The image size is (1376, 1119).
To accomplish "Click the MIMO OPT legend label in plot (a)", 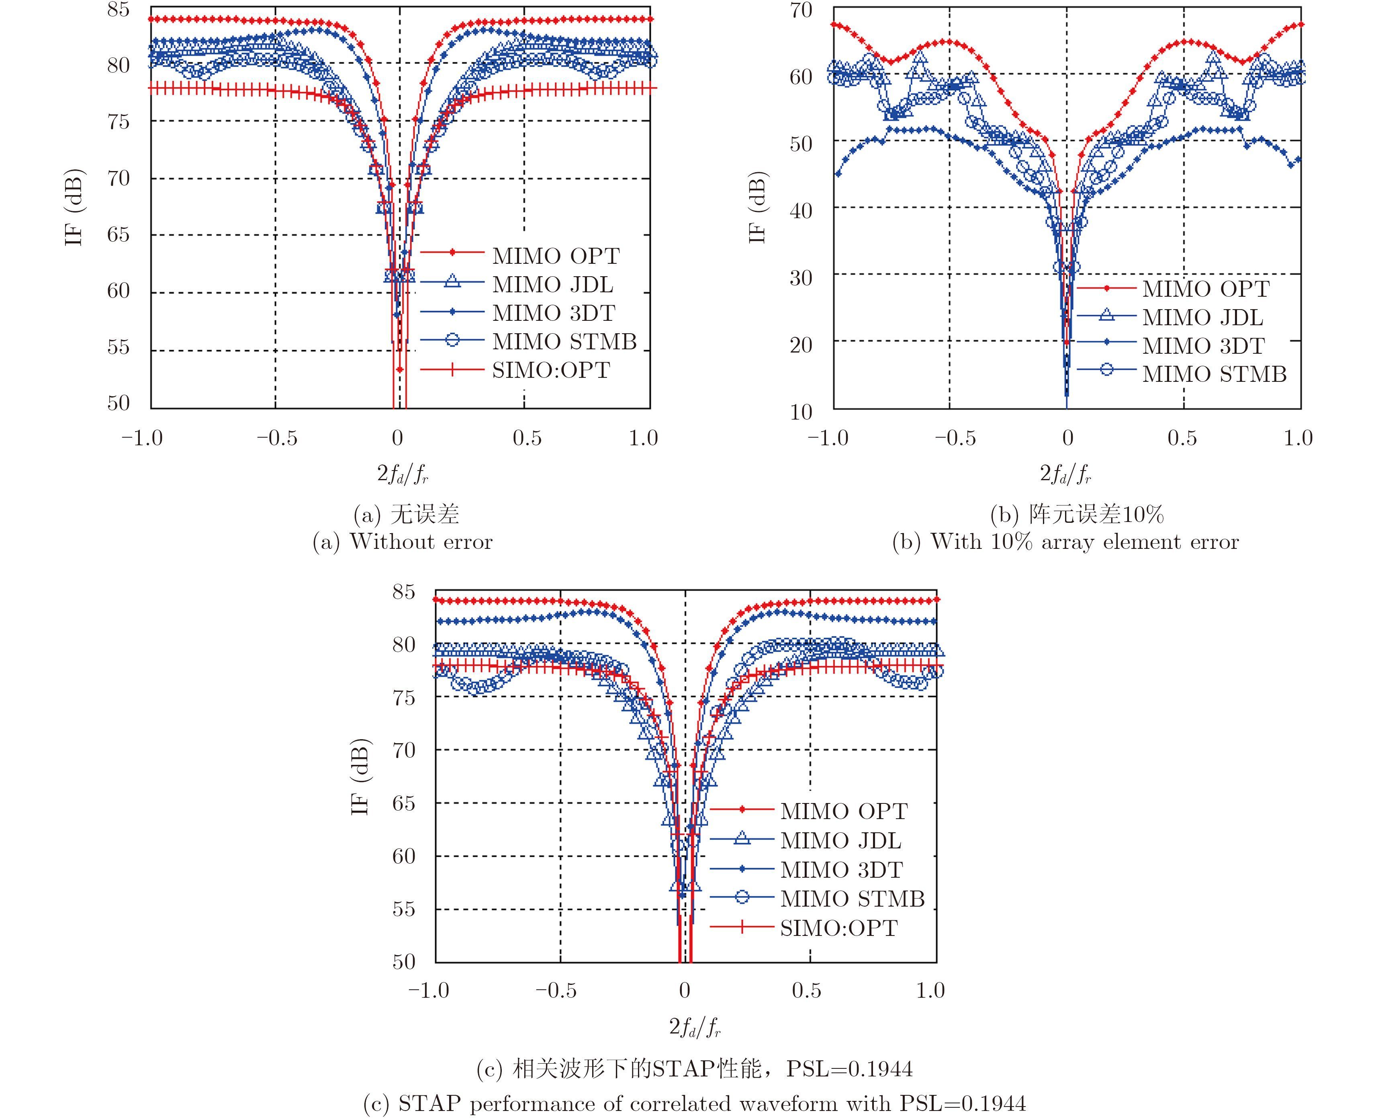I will (x=555, y=256).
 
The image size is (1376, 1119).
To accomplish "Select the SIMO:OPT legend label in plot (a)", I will (x=551, y=370).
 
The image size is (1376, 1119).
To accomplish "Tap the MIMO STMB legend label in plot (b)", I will (x=1214, y=374).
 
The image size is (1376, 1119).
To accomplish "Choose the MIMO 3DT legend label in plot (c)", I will (x=841, y=870).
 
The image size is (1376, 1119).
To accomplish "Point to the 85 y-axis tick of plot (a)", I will (x=118, y=10).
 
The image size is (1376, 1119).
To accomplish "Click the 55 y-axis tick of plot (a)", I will (x=118, y=347).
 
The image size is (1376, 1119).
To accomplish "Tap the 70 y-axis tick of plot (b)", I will (x=801, y=10).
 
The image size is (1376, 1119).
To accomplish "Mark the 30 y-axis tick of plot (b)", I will (x=801, y=278).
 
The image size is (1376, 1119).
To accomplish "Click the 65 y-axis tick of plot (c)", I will (x=404, y=803).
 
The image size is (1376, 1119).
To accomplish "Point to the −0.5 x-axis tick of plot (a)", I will (x=277, y=438).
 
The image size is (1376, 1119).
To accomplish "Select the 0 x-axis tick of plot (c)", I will (x=684, y=990).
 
